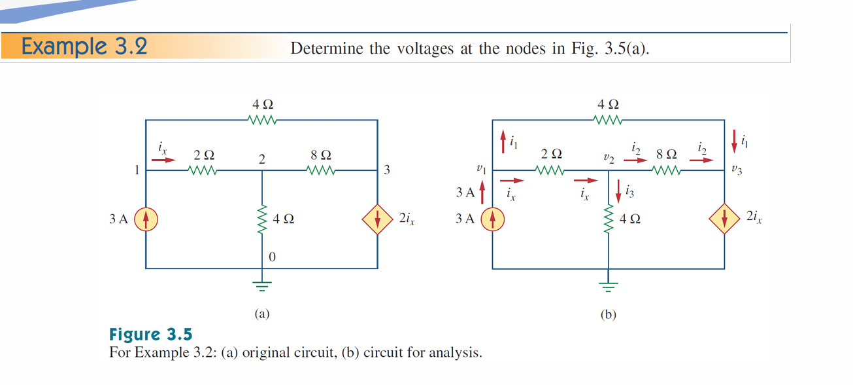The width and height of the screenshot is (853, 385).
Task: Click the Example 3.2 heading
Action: (84, 47)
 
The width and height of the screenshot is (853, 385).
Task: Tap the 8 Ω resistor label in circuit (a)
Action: (321, 156)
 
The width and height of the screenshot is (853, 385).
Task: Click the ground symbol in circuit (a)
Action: (261, 284)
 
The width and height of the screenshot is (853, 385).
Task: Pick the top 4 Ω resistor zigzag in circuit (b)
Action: (609, 120)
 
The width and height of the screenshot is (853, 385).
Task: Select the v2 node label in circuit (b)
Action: (608, 159)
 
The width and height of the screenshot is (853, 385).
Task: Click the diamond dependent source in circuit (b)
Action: (724, 220)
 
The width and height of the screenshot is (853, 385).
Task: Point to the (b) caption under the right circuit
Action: (608, 315)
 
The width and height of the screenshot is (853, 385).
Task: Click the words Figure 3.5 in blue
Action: (150, 335)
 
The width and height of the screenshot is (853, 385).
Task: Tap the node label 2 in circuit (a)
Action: (261, 160)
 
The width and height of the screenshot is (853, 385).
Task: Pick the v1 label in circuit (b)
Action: (482, 170)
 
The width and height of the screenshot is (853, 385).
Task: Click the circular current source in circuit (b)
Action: (492, 219)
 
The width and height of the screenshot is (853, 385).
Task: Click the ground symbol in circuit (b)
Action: (609, 285)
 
